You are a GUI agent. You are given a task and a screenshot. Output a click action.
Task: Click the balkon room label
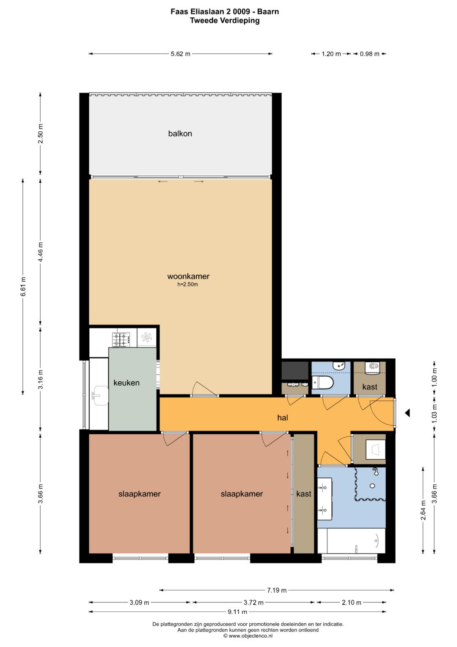coord(180,133)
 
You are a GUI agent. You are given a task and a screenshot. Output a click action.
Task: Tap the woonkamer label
coord(188,276)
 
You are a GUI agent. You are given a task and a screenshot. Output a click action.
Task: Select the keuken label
coord(127,383)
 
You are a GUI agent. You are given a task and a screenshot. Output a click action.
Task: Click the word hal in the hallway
coord(283,417)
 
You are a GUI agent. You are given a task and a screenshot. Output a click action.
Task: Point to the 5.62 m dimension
coord(181,54)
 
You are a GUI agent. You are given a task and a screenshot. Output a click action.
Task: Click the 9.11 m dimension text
coord(237,611)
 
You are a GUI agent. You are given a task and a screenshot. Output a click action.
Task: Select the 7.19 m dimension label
coord(277,590)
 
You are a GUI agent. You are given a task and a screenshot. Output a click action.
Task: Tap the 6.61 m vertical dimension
coord(23,286)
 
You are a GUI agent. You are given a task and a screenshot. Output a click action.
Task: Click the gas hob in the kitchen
coord(121,340)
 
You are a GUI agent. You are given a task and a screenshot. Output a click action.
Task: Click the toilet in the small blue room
coord(323,383)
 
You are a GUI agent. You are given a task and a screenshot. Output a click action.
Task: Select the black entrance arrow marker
coord(407,413)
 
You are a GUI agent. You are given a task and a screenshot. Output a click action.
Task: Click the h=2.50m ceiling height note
coord(187,284)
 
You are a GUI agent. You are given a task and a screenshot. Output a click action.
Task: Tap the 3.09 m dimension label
coord(139,603)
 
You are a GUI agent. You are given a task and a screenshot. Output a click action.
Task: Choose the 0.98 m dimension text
coord(369,54)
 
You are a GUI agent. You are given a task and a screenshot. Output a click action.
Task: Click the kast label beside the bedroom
coord(303,494)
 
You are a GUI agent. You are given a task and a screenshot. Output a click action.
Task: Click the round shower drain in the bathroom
coord(372,486)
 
